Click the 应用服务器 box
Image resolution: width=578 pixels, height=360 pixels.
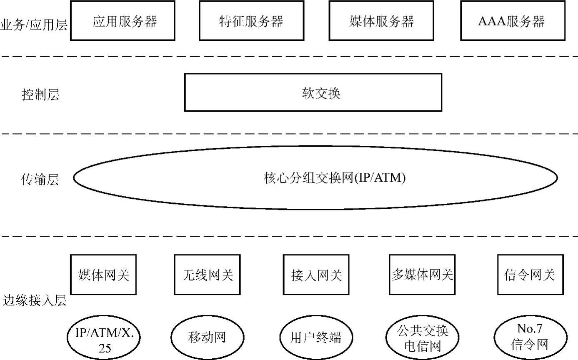tap(123, 21)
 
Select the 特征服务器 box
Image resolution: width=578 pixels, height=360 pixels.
tap(251, 21)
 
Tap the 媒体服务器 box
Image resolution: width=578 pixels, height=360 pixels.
tap(381, 21)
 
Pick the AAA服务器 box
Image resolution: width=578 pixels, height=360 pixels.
tap(513, 21)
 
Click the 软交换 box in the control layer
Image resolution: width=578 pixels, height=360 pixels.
tap(313, 92)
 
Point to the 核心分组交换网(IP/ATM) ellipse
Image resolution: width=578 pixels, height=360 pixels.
tap(315, 178)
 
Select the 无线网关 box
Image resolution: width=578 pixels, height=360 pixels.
tap(208, 275)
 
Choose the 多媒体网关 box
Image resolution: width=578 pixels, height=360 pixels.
tap(422, 274)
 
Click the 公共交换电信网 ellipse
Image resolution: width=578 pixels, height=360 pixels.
tap(422, 338)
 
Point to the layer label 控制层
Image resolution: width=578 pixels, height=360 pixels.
tap(40, 95)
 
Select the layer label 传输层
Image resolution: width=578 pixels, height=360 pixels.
tap(40, 180)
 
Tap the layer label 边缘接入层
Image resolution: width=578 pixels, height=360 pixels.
tap(35, 300)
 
